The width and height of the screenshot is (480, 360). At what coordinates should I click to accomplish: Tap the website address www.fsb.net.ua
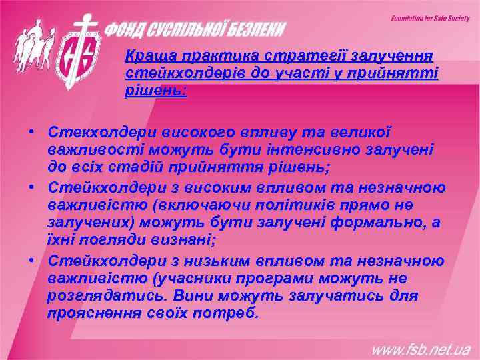421,348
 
